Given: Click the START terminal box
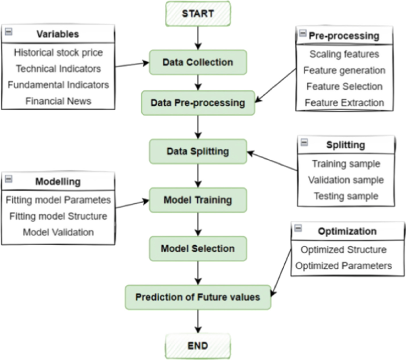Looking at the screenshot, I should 198,13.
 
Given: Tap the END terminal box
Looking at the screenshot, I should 198,345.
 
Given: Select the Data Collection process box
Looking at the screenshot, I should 198,63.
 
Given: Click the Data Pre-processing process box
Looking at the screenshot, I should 198,102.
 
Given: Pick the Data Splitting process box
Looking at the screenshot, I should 198,152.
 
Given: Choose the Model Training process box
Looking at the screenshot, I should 198,200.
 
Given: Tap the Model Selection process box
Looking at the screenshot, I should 198,249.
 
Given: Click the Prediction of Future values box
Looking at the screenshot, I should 198,297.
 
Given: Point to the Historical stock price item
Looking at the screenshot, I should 58,52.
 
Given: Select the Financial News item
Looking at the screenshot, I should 58,101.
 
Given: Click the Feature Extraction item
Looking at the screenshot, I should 344,102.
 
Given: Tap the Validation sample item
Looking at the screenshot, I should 346,180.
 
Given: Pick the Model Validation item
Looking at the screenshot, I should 58,232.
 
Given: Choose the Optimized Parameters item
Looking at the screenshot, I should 344,265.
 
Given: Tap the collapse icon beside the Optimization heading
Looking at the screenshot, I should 298,229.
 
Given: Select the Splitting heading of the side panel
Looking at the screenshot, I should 346,145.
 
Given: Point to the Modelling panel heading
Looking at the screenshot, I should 58,182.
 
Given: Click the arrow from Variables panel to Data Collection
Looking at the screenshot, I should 132,65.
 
